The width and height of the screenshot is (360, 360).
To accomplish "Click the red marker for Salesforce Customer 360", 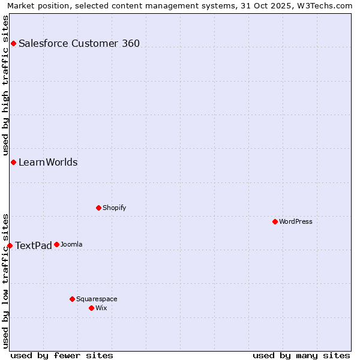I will coord(13,43).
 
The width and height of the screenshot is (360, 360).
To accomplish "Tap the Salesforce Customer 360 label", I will coord(79,43).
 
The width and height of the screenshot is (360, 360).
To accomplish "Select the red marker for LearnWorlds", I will coord(13,162).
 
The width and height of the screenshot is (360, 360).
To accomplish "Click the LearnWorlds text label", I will coord(48,163).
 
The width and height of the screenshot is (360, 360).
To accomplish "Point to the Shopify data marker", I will coord(98,208).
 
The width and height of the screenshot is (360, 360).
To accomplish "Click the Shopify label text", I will coord(114,208).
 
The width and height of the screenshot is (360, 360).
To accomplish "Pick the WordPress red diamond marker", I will coord(275,221).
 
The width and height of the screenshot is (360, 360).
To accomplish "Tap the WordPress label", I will coord(295,221).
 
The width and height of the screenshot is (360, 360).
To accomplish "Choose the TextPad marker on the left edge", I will coord(10,245).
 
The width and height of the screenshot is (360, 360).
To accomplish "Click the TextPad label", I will coord(34,245).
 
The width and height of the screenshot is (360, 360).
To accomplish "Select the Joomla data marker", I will coord(56,244).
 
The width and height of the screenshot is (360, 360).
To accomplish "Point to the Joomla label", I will coord(71,244).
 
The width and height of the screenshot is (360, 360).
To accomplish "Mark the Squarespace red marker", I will coord(72,299).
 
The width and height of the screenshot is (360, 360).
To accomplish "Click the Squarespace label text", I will coord(97,299).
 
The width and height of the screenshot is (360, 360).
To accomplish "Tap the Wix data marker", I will coord(91,308).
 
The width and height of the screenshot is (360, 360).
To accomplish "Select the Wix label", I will coord(101,308).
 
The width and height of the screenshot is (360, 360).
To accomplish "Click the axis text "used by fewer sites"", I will coord(62,355).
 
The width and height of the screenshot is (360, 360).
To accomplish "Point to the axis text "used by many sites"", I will coord(301,355).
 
